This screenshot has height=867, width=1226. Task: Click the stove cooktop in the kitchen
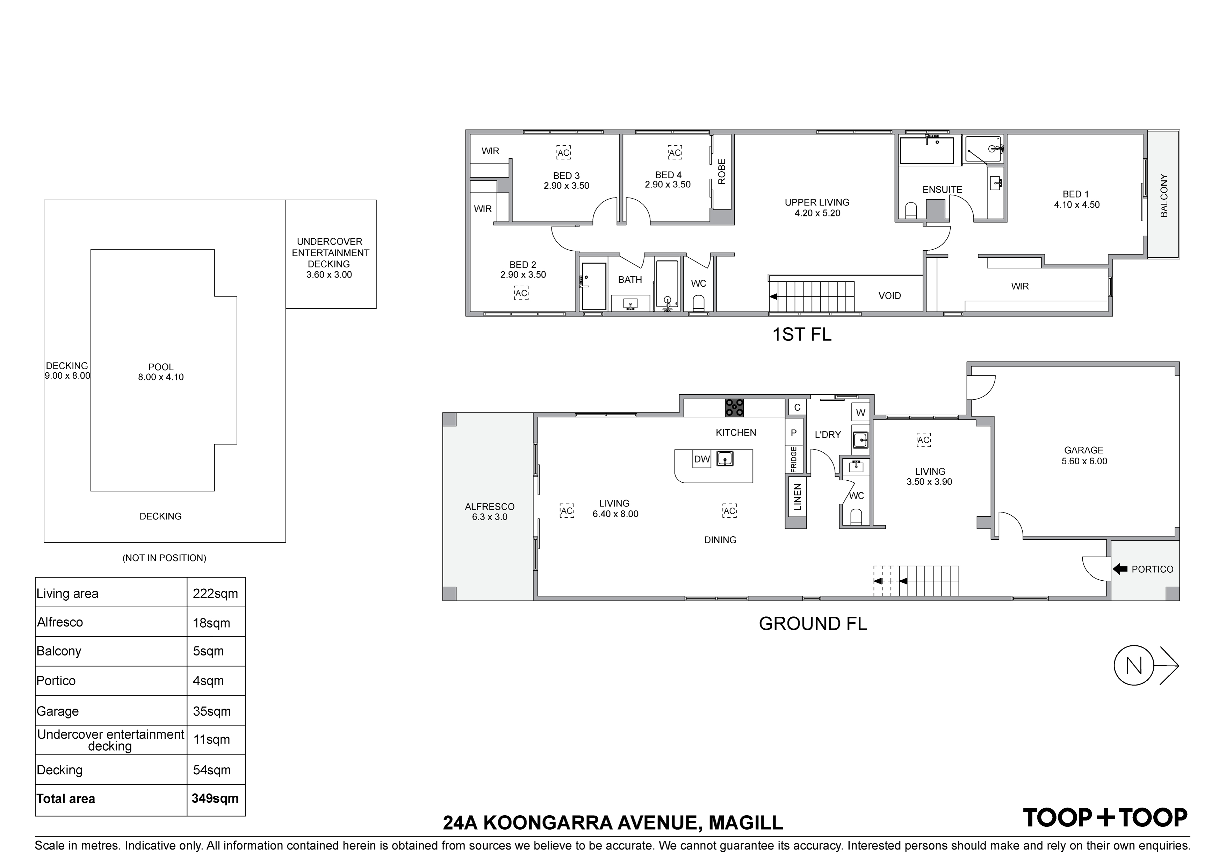pos(734,408)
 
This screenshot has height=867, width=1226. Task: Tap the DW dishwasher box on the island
pos(702,459)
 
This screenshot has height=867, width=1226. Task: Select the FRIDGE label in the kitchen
pos(793,459)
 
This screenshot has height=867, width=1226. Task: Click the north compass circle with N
pos(1134,666)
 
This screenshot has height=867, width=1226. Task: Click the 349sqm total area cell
pos(215,798)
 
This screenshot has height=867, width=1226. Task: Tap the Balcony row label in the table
pos(59,651)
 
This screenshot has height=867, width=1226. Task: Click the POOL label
pos(161,367)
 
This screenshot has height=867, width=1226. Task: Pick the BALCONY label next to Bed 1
pos(1164,195)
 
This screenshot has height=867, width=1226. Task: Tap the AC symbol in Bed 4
pos(675,153)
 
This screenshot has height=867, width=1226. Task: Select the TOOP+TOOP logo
pos(1105,818)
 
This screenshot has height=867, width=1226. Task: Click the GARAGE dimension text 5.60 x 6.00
pos(1084,461)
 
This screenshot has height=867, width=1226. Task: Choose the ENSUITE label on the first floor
pos(943,189)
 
